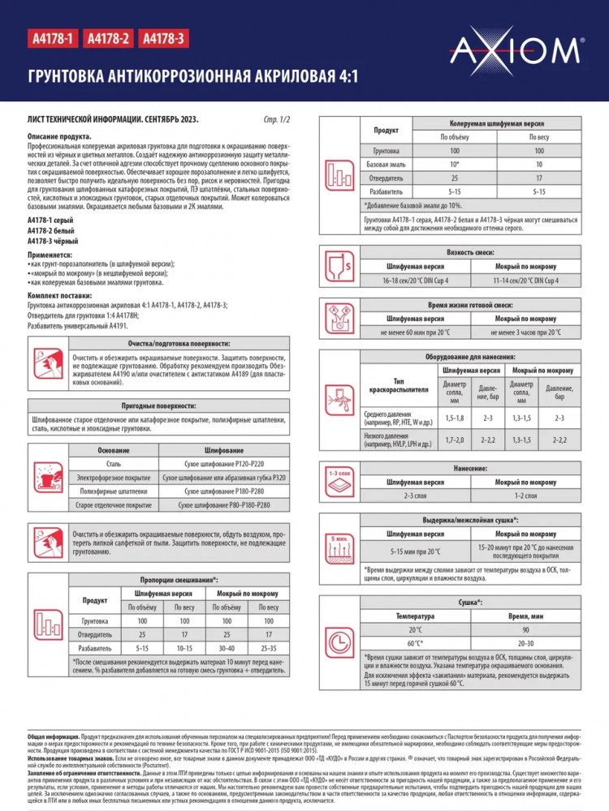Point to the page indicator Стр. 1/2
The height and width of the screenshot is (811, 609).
point(277,119)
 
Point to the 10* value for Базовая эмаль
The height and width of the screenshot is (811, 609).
point(455,164)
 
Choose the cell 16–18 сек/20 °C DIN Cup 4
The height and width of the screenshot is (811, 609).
point(415,280)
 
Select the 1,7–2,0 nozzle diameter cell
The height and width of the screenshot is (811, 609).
point(455,439)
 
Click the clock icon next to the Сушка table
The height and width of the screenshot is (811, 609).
point(339,642)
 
